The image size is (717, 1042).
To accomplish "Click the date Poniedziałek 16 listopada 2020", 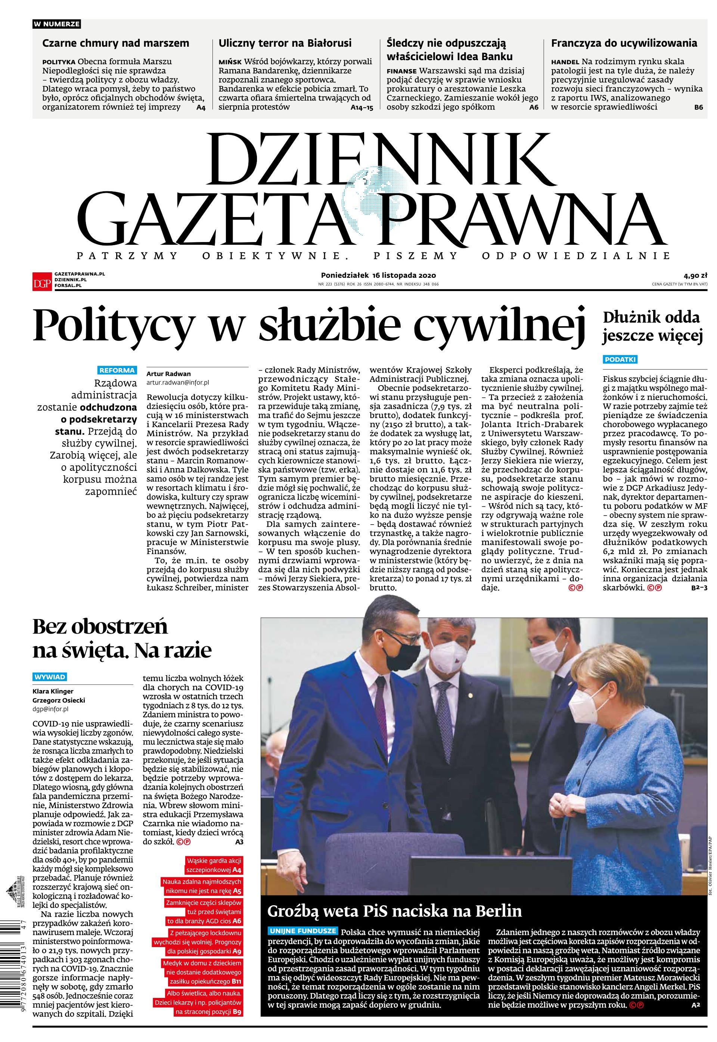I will click(x=378, y=275).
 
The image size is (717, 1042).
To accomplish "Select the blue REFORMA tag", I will click(x=117, y=370).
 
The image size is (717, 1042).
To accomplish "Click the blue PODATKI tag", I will click(x=620, y=359).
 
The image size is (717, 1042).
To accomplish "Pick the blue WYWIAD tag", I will click(x=50, y=677).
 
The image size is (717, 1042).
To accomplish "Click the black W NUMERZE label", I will click(x=57, y=24).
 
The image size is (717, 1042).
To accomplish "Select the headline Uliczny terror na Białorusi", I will click(x=285, y=44).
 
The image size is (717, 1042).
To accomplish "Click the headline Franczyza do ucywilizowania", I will click(x=624, y=44).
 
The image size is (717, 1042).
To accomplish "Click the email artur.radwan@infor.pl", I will click(x=178, y=382).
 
